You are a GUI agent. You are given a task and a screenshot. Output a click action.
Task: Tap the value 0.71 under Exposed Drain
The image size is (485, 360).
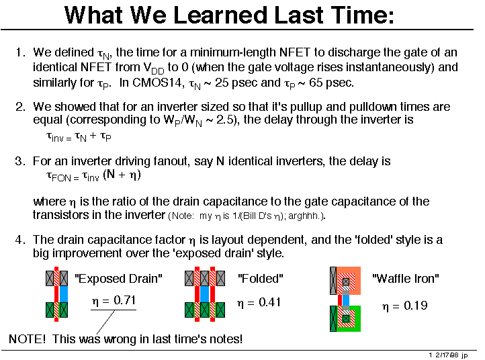pyautogui.click(x=124, y=300)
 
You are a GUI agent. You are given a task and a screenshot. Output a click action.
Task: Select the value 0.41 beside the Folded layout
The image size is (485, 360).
pyautogui.click(x=269, y=302)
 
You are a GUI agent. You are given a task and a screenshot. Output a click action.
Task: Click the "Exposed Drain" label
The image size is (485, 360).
pyautogui.click(x=118, y=279)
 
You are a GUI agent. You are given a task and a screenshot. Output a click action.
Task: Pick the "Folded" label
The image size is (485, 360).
pyautogui.click(x=261, y=279)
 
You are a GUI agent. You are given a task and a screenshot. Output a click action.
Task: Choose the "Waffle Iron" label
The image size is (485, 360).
pyautogui.click(x=406, y=279)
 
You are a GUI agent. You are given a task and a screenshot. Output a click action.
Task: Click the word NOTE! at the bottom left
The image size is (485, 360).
pyautogui.click(x=28, y=339)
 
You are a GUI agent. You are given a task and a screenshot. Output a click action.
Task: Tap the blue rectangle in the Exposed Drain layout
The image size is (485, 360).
pyautogui.click(x=63, y=294)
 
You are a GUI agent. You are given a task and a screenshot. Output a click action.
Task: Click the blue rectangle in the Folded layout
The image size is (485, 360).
pyautogui.click(x=204, y=294)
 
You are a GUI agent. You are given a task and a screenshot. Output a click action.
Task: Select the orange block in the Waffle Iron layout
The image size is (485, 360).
pyautogui.click(x=349, y=280)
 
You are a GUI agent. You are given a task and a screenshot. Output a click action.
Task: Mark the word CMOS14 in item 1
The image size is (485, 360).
pyautogui.click(x=158, y=83)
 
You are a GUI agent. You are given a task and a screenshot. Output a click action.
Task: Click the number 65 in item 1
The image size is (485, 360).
pyautogui.click(x=316, y=83)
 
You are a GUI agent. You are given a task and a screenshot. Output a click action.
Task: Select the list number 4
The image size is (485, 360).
pyautogui.click(x=19, y=240)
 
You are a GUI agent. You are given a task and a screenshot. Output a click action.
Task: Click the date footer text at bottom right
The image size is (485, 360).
pyautogui.click(x=449, y=355)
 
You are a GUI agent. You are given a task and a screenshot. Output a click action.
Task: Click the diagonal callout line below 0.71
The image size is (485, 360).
pyautogui.click(x=105, y=322)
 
